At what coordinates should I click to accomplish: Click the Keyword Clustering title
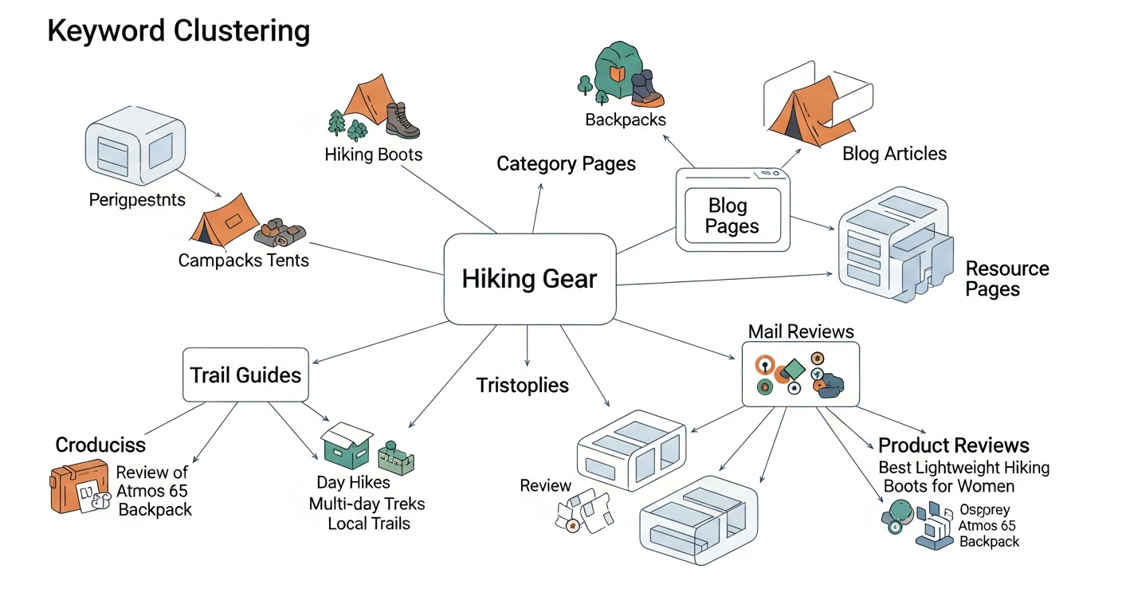pyautogui.click(x=178, y=31)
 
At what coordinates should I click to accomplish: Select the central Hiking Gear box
pyautogui.click(x=529, y=279)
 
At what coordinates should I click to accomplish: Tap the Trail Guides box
pyautogui.click(x=245, y=375)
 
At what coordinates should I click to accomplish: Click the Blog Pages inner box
pyautogui.click(x=732, y=217)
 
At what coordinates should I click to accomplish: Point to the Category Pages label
pyautogui.click(x=566, y=164)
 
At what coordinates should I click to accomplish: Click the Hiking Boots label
pyautogui.click(x=373, y=155)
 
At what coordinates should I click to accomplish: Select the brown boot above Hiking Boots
pyautogui.click(x=402, y=121)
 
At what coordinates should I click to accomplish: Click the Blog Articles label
pyautogui.click(x=894, y=154)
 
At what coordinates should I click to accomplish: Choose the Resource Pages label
pyautogui.click(x=1006, y=279)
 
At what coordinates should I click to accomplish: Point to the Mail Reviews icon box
pyautogui.click(x=800, y=375)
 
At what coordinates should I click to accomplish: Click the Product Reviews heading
pyautogui.click(x=953, y=445)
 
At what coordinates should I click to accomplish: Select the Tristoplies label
pyautogui.click(x=522, y=386)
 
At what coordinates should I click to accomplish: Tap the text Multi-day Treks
pyautogui.click(x=367, y=504)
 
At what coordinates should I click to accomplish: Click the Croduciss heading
pyautogui.click(x=100, y=445)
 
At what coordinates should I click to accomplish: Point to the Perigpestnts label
pyautogui.click(x=137, y=199)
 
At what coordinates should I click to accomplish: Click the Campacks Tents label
pyautogui.click(x=243, y=261)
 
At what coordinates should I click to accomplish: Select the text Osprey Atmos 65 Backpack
pyautogui.click(x=988, y=526)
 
